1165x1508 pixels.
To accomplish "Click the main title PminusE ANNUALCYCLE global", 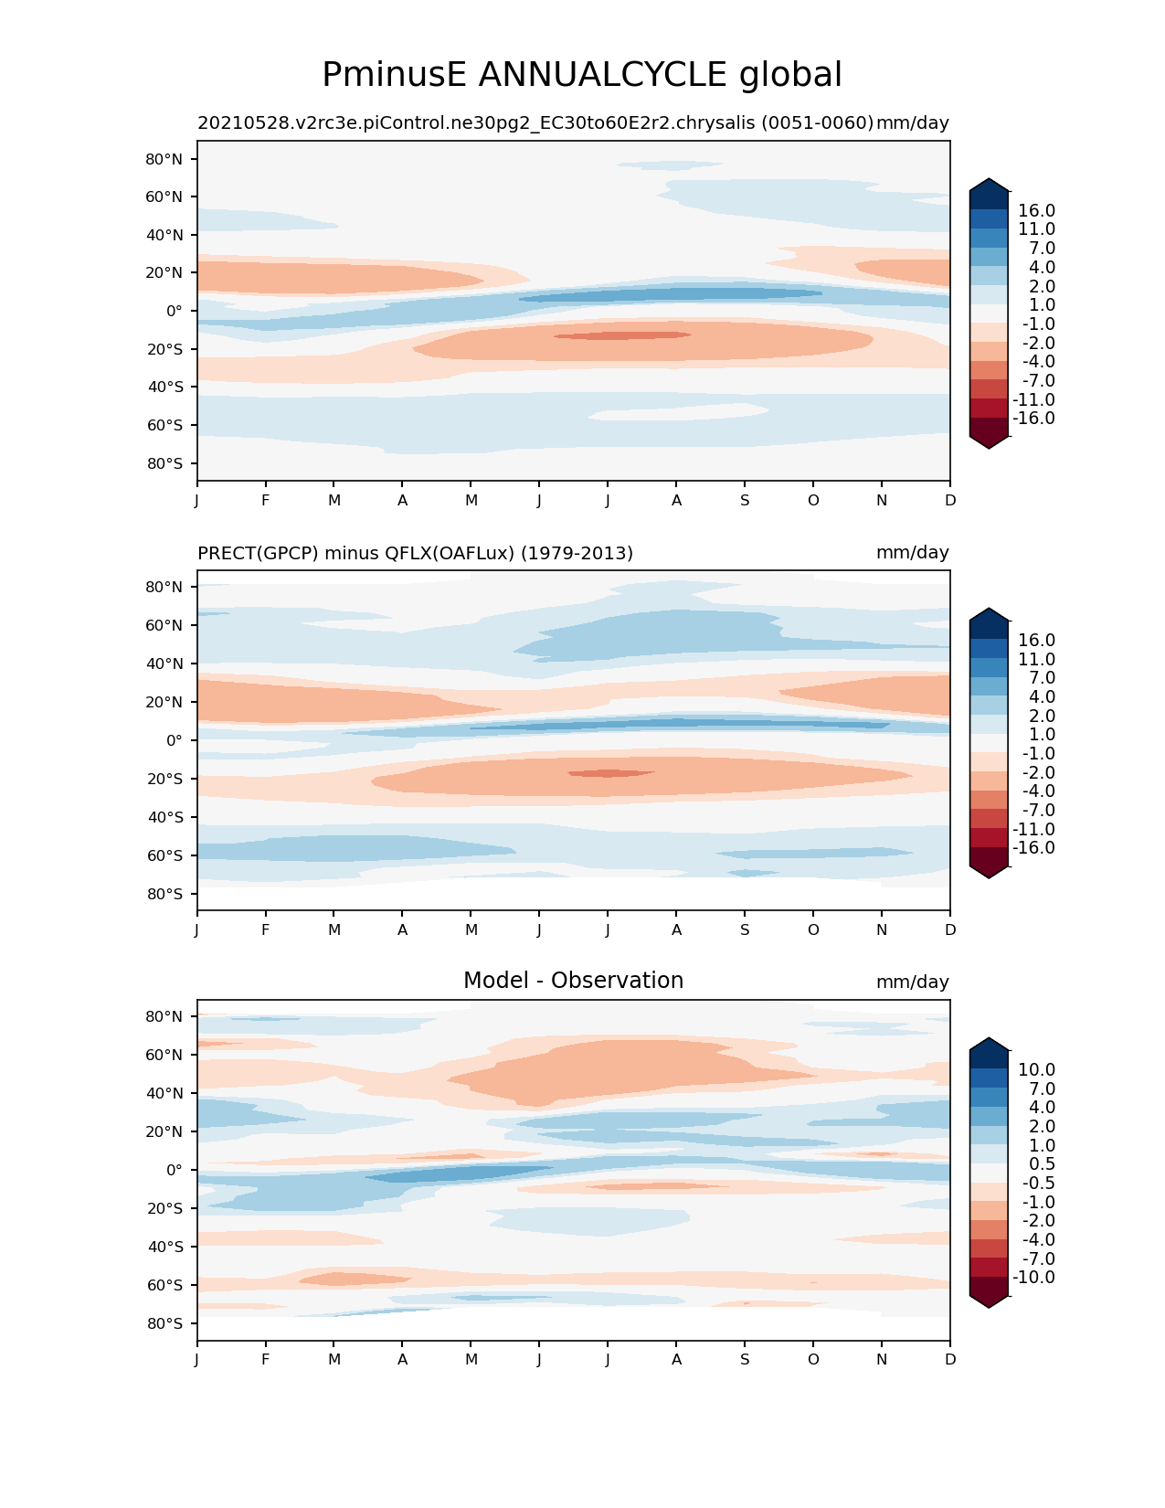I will pos(582,75).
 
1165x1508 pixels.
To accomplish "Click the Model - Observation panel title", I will pos(573,981).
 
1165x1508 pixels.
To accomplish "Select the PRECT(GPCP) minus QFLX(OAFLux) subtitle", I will pos(415,553).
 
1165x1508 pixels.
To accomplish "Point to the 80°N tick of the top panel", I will pos(164,159).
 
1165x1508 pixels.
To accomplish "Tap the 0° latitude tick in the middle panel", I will pos(174,740).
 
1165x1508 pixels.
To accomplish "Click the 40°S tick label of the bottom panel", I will pos(164,1247).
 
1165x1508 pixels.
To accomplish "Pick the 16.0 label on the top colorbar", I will pos(1036,211).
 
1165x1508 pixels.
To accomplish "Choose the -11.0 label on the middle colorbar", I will pos(1033,829).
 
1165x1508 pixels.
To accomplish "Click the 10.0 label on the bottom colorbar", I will pos(1036,1070).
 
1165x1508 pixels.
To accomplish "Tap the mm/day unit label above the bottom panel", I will pos(912,982).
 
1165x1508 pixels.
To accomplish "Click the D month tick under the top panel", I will pos(950,501).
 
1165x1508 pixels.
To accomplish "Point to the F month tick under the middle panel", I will pos(266,930).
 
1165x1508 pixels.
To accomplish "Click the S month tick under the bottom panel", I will pos(745,1360).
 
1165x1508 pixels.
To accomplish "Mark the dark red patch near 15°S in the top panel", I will pos(621,335).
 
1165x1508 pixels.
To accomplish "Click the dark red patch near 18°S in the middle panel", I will pos(610,773).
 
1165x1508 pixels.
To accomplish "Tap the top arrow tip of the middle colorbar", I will pos(989,609).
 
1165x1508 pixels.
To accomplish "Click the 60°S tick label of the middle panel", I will pos(164,855).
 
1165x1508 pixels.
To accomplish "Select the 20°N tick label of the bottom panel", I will pos(164,1131).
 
